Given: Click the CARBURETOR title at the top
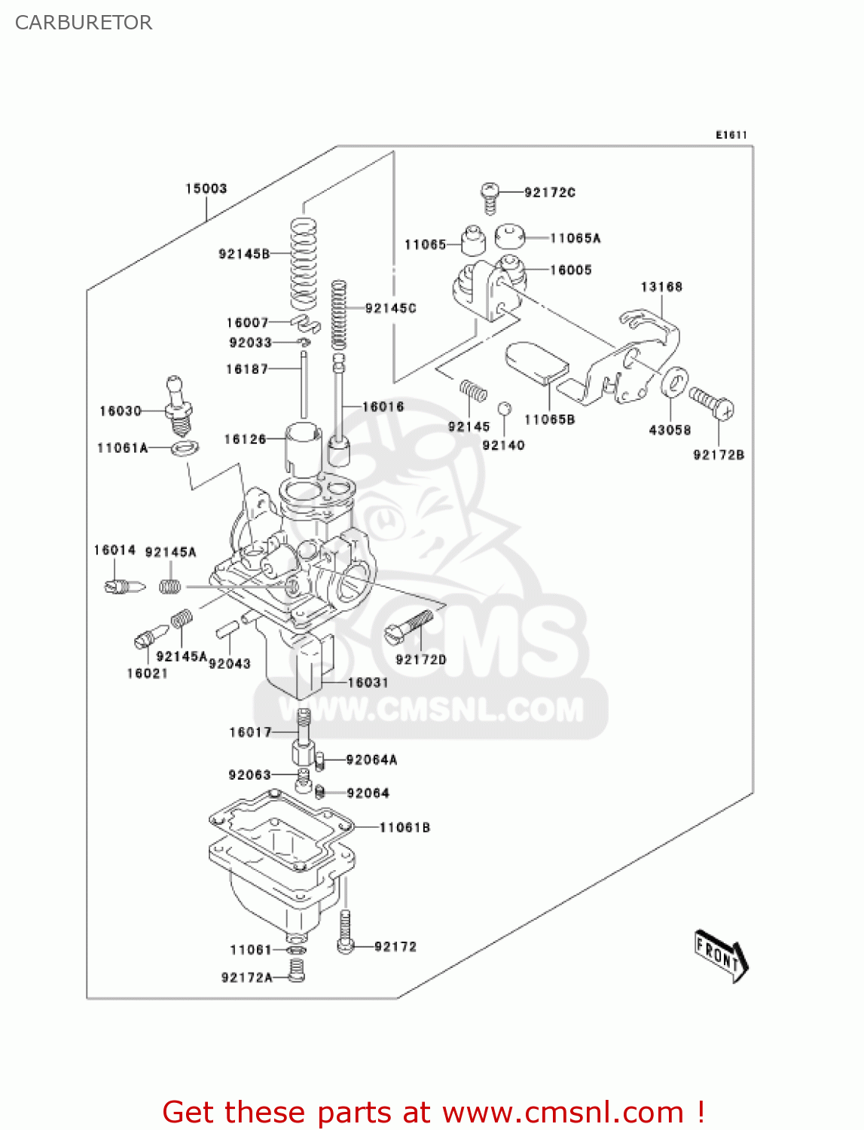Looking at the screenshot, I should (84, 23).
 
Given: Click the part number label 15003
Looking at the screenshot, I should (206, 188).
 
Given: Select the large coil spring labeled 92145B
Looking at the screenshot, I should (304, 264).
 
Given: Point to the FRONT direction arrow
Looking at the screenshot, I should (720, 955).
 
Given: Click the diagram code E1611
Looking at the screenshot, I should (731, 135).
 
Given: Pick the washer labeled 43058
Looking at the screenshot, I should (675, 383).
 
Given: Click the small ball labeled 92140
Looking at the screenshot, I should (505, 408).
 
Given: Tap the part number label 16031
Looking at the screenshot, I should (368, 683).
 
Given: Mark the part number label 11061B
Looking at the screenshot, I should (405, 827).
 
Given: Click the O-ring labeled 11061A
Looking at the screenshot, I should (185, 448).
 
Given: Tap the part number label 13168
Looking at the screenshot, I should (661, 286).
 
